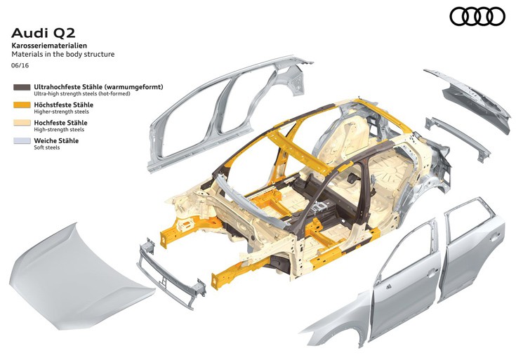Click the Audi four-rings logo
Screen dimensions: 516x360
click(477, 16)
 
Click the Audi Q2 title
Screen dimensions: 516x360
click(44, 33)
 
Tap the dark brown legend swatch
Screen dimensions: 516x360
click(22, 87)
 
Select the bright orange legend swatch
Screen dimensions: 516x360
click(22, 105)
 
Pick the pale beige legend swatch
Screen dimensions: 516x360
click(22, 123)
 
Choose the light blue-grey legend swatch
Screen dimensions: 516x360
click(22, 141)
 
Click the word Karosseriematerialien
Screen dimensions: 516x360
click(49, 46)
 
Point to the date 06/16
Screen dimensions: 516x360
click(20, 65)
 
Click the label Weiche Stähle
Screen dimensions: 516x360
click(56, 140)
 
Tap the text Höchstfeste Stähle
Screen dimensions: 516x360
click(63, 105)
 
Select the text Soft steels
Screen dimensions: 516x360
click(47, 147)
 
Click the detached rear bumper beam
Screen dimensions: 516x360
click(458, 138)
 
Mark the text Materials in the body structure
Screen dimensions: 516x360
click(63, 54)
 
